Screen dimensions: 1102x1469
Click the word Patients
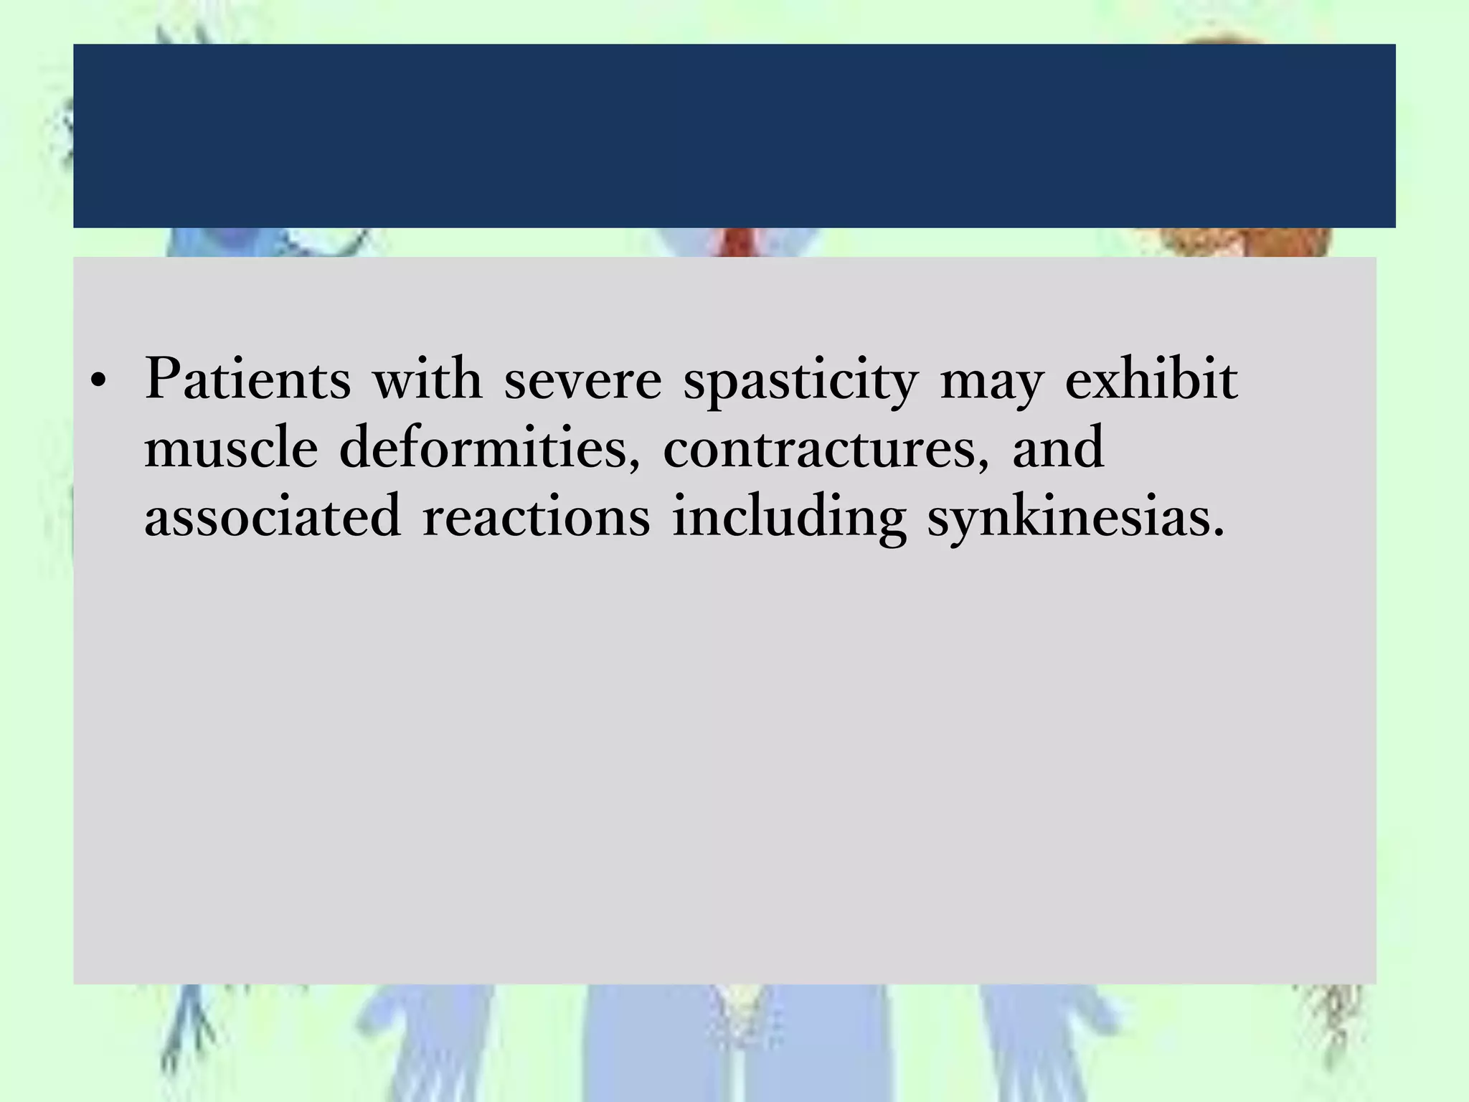coord(248,378)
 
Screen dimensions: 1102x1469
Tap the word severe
coord(582,380)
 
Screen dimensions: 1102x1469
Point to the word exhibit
coord(1151,378)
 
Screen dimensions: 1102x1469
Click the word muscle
coord(231,447)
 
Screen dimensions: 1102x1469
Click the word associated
coord(273,516)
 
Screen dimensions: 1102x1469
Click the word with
coord(428,378)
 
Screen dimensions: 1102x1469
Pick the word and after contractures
coord(1058,447)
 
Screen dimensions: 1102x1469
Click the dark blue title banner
coord(734,136)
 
